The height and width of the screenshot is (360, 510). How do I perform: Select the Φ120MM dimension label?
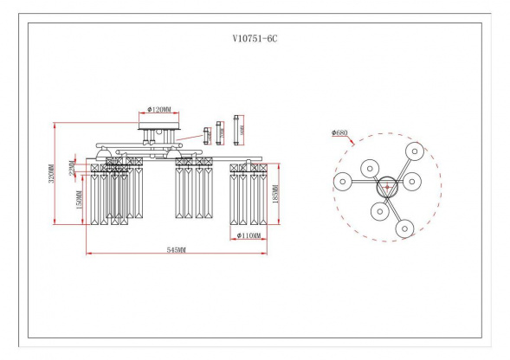(158, 110)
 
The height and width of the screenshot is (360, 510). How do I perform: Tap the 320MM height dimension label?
(52, 173)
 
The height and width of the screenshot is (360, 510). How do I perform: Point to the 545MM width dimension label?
(176, 249)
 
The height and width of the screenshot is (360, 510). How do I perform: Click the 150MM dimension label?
(79, 201)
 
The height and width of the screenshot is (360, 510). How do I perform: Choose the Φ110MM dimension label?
(249, 235)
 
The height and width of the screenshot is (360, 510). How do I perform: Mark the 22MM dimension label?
(75, 163)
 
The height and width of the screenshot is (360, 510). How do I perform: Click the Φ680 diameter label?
(341, 133)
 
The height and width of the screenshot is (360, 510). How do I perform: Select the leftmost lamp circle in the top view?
(343, 182)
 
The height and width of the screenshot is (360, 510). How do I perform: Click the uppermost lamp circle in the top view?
(416, 150)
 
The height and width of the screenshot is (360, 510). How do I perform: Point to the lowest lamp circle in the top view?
(404, 228)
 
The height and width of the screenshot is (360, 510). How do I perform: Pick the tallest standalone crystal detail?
(240, 132)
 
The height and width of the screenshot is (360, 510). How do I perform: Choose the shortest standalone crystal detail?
(207, 135)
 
